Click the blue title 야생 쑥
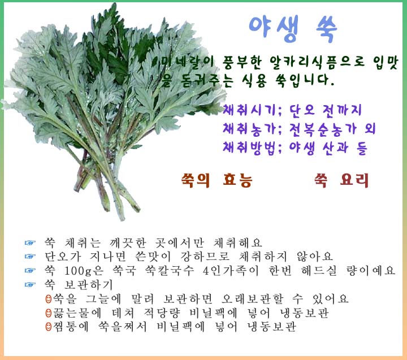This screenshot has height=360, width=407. click(x=293, y=28)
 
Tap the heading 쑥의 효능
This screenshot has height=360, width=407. click(x=217, y=180)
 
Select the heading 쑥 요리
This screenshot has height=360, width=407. click(x=341, y=180)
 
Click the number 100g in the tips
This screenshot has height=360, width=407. click(x=78, y=271)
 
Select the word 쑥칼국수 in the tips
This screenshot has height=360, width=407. click(x=169, y=271)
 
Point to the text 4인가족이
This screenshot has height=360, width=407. click(x=231, y=271)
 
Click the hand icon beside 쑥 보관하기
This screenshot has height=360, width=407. click(x=30, y=285)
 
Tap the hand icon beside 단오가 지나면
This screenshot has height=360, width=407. click(x=30, y=257)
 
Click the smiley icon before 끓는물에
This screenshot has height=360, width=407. click(x=48, y=313)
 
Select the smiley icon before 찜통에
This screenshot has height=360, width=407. click(x=48, y=327)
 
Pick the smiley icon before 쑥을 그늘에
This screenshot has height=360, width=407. click(x=48, y=299)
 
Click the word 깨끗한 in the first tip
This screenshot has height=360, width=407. click(x=128, y=242)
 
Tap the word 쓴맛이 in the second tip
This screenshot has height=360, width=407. click(x=153, y=257)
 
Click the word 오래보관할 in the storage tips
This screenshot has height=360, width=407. click(x=252, y=299)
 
